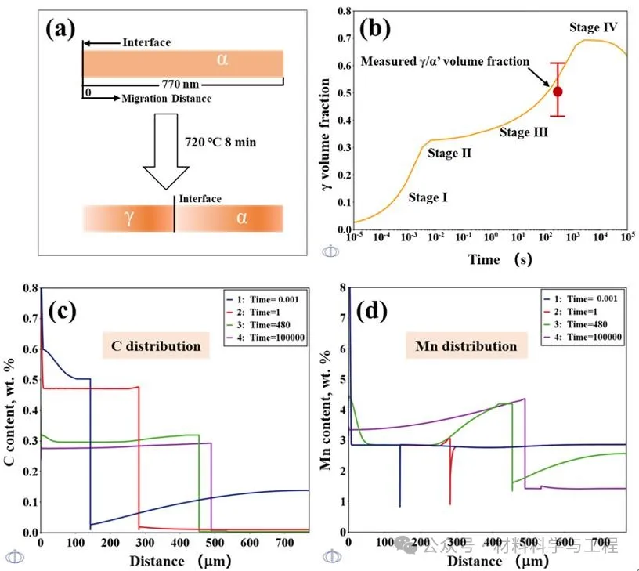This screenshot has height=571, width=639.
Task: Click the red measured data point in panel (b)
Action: (x=558, y=91)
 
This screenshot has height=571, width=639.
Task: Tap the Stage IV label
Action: (x=594, y=27)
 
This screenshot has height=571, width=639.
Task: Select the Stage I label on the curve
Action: (x=428, y=197)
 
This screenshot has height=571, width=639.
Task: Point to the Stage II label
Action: (x=449, y=154)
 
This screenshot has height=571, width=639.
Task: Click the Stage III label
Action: (x=524, y=132)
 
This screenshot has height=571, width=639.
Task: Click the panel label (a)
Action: (x=60, y=29)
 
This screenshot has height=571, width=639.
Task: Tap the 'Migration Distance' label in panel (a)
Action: (x=166, y=99)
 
